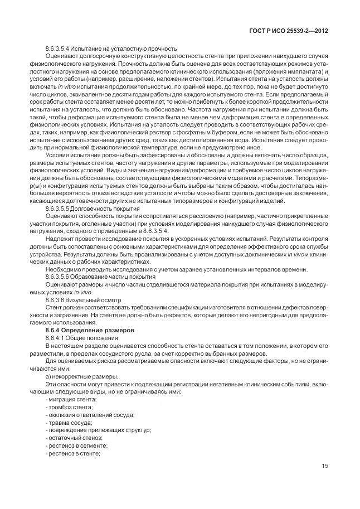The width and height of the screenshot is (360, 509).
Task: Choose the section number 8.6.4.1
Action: point(56,338)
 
